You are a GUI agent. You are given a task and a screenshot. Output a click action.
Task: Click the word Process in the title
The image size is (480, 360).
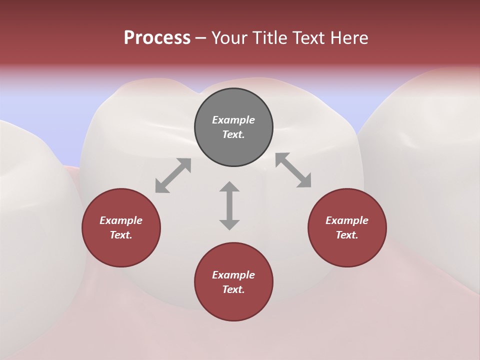(x=157, y=38)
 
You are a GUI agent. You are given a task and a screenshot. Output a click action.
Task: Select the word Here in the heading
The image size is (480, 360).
(x=349, y=38)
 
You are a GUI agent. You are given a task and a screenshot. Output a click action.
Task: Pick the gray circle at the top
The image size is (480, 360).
(x=233, y=127)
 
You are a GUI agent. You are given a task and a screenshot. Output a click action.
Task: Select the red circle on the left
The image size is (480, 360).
(x=121, y=227)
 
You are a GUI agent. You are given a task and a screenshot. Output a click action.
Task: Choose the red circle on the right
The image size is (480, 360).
(x=347, y=227)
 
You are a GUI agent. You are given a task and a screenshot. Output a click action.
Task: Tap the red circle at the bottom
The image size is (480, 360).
(x=233, y=282)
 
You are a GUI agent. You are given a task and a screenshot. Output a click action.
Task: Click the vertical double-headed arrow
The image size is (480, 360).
(x=229, y=205)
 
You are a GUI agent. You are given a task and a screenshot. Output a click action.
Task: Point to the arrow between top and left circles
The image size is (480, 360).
(x=173, y=175)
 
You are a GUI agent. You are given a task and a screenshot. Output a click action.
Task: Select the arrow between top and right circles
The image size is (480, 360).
(x=293, y=170)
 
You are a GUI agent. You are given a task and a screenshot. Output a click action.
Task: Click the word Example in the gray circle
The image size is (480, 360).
(x=233, y=120)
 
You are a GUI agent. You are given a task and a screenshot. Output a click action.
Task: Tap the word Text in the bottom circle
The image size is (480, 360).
(x=233, y=289)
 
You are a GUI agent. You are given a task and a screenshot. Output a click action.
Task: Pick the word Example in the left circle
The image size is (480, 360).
(x=121, y=220)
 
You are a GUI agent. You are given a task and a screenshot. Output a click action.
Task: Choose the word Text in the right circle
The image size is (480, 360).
(x=347, y=235)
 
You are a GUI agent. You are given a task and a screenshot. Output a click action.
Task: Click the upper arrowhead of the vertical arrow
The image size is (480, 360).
(x=229, y=187)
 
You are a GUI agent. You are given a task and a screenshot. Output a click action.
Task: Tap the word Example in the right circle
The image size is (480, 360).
(x=347, y=220)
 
